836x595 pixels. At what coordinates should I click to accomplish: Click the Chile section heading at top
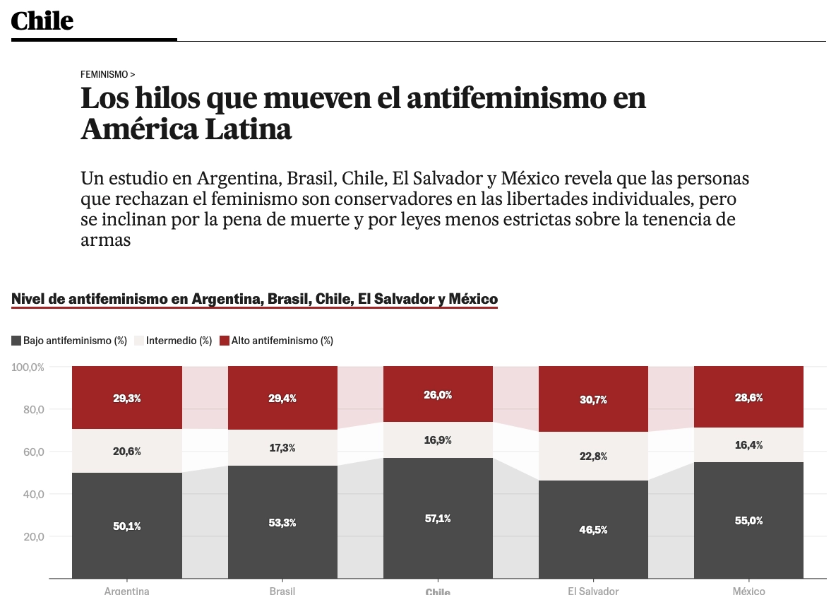[42, 20]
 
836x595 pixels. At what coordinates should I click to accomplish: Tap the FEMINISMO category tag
[107, 74]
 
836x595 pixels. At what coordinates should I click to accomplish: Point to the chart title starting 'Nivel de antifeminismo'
[254, 299]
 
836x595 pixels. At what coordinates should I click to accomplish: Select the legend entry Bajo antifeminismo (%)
[69, 341]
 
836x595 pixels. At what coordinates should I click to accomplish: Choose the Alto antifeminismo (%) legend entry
[276, 341]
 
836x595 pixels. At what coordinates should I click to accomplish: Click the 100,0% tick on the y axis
[28, 367]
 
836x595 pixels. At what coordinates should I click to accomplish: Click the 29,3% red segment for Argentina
[127, 398]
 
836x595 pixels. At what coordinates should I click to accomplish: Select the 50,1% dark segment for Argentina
[127, 526]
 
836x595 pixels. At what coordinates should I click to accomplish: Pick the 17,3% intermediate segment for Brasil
[282, 447]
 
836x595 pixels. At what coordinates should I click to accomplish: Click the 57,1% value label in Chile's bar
[438, 518]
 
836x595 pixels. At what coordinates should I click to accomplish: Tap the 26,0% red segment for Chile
[438, 394]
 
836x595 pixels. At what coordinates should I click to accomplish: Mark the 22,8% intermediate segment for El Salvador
[593, 456]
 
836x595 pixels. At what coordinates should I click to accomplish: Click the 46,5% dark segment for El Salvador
[593, 529]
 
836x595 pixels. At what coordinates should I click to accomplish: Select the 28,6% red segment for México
[748, 397]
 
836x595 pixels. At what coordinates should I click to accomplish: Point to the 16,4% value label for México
[748, 445]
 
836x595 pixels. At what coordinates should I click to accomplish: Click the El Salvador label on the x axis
[593, 591]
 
